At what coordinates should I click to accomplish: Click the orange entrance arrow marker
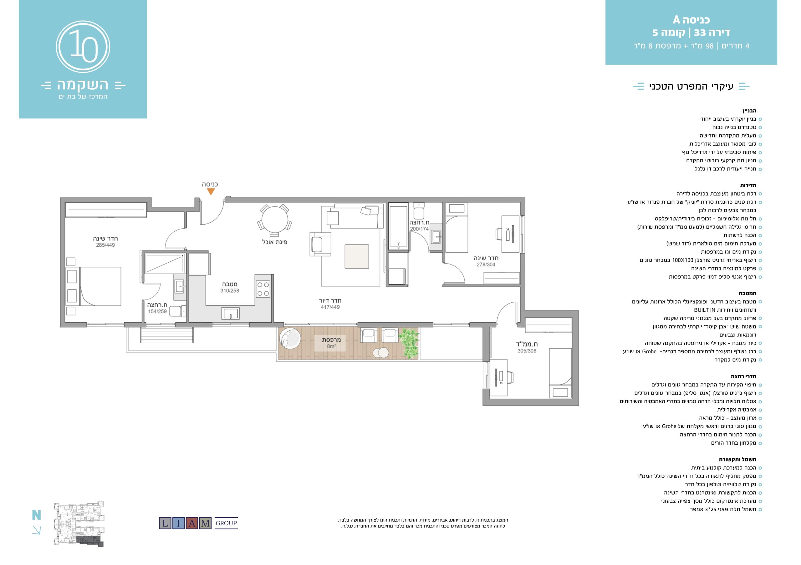pos(211,192)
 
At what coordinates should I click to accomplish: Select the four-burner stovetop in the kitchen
pos(263,289)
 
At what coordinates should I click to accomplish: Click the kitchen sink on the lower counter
pos(231,313)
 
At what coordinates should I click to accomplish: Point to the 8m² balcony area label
pos(331,346)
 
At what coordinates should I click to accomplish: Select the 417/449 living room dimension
pos(330,307)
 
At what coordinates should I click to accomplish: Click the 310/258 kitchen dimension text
pos(230,291)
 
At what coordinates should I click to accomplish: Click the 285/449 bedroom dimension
pos(105,245)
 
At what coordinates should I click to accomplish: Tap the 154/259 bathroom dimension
pos(157,311)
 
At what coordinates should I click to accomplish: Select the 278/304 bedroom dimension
pos(486,265)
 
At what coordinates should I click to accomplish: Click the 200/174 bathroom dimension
pos(419,229)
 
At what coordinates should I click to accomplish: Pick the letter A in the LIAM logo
pos(191,523)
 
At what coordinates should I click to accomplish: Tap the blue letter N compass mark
pos(36,515)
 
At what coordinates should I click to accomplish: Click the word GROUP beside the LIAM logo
pos(226,523)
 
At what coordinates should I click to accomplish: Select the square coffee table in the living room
pos(357,256)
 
